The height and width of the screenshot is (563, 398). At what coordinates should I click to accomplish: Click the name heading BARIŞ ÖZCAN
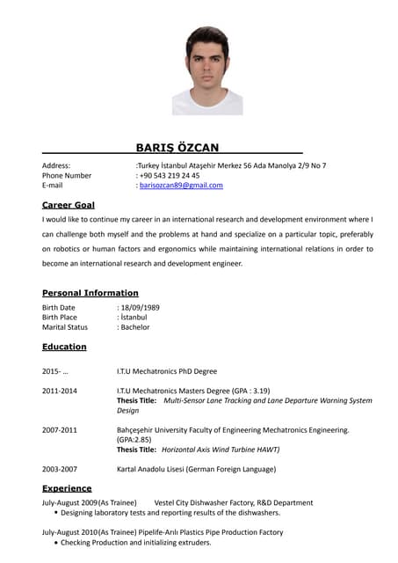tap(177, 147)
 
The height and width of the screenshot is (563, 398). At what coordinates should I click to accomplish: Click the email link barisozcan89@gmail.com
tap(181, 186)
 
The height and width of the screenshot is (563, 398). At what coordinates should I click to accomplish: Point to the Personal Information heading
tap(90, 292)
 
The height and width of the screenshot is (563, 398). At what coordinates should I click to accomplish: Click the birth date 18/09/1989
tap(141, 307)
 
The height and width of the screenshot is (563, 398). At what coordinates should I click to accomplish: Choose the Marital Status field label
tap(65, 327)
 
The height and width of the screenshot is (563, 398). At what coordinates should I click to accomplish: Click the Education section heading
tap(64, 347)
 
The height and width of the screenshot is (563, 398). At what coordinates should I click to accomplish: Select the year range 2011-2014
tap(60, 390)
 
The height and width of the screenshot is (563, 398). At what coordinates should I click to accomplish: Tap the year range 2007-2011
tap(60, 429)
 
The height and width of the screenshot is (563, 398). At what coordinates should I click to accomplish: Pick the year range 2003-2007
tap(60, 469)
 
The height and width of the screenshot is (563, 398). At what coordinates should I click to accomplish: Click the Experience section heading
tap(67, 488)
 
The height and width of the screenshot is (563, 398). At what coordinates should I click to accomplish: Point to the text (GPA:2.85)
tap(134, 439)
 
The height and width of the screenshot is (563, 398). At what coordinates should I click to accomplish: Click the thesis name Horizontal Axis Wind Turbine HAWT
tap(221, 449)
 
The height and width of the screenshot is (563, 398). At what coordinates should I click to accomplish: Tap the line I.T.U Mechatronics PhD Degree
tap(167, 371)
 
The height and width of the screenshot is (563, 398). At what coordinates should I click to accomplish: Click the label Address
tap(56, 165)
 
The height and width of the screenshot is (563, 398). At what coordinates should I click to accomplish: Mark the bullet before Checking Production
tap(57, 543)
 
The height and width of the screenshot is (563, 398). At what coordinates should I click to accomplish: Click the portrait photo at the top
tap(207, 70)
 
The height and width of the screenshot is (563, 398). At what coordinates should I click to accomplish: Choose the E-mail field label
tap(53, 186)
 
